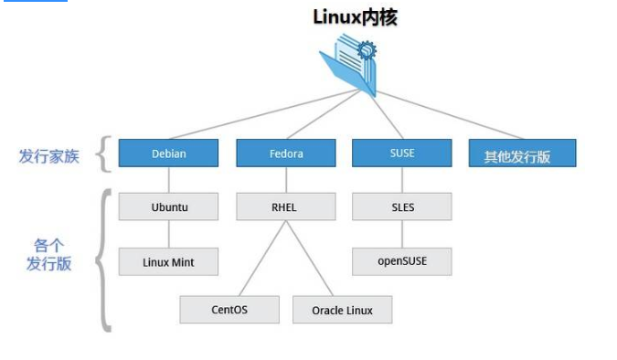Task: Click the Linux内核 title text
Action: (x=355, y=16)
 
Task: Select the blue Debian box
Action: (x=169, y=154)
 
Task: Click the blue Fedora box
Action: (x=285, y=154)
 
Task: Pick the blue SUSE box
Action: (x=401, y=154)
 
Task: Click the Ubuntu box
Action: (x=169, y=206)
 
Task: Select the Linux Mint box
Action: (x=169, y=262)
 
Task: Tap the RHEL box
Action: (x=285, y=206)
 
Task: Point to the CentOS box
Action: (x=229, y=310)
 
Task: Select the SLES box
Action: (x=401, y=206)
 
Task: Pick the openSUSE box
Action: (x=401, y=262)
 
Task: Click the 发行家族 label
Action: (x=48, y=155)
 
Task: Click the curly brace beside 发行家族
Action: (x=102, y=154)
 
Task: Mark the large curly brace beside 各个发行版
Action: (x=104, y=259)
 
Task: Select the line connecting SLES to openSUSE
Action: (x=401, y=234)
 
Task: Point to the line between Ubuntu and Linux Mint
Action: (x=169, y=234)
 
